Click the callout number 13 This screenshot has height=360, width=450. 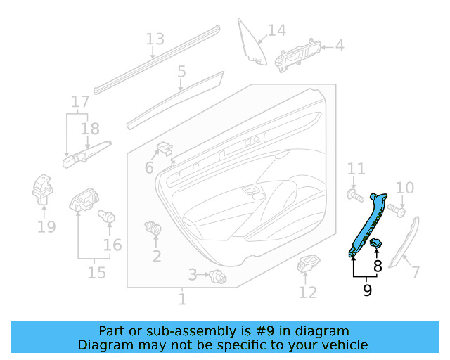pos(155,39)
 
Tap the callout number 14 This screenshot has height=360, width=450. pos(276,30)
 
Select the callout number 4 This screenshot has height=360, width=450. pos(339,46)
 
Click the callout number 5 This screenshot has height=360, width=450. pos(181,71)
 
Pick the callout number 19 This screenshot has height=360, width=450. pos(46,226)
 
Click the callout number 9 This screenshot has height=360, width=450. pos(366,290)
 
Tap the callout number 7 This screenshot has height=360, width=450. pos(415,272)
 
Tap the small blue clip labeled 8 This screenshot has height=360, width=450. pos(377,243)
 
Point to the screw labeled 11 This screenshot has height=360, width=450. pos(354,193)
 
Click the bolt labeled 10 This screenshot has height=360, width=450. pos(398,209)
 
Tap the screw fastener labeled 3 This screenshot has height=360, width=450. pos(218,277)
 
